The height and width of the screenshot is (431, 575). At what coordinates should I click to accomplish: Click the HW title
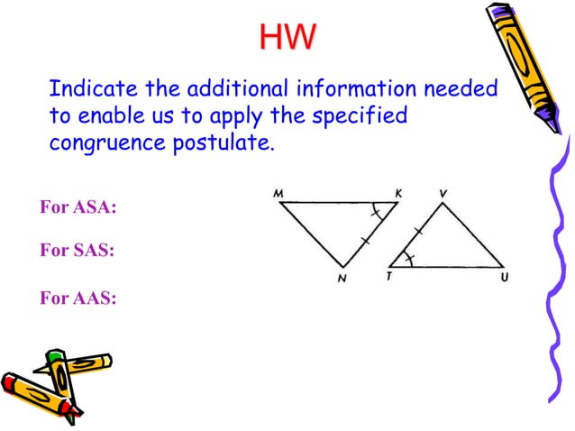[x=287, y=37]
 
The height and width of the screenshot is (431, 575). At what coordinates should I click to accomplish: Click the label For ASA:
[x=79, y=208]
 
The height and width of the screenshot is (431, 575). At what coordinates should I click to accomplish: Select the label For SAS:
[x=78, y=252]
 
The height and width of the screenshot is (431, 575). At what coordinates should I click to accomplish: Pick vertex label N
[x=342, y=279]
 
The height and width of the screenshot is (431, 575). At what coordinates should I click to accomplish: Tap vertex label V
[x=443, y=193]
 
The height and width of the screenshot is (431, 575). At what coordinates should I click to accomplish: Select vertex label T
[x=388, y=277]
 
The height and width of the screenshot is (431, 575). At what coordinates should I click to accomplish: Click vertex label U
[x=504, y=278]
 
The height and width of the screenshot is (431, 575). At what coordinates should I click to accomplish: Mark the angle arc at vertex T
[x=408, y=259]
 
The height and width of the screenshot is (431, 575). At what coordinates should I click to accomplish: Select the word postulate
[x=222, y=142]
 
